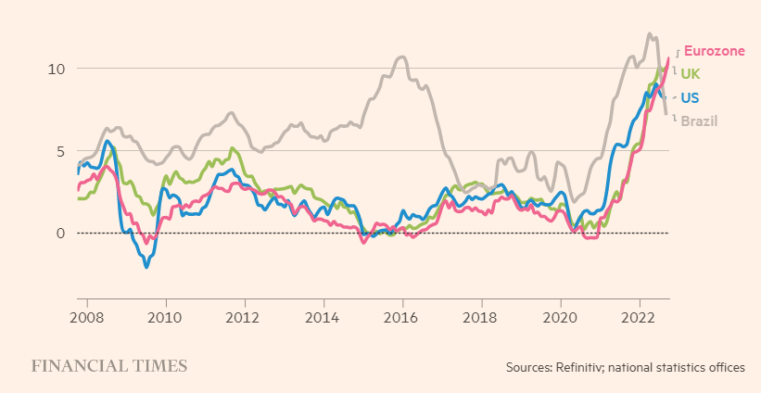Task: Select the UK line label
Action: pos(691,74)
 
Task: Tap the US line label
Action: pos(690,97)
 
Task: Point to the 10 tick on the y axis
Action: pos(57,69)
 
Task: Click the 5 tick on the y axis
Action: pos(60,151)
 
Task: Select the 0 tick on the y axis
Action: pos(60,233)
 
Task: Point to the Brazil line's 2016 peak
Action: pos(400,57)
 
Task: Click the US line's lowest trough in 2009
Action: pos(146,267)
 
